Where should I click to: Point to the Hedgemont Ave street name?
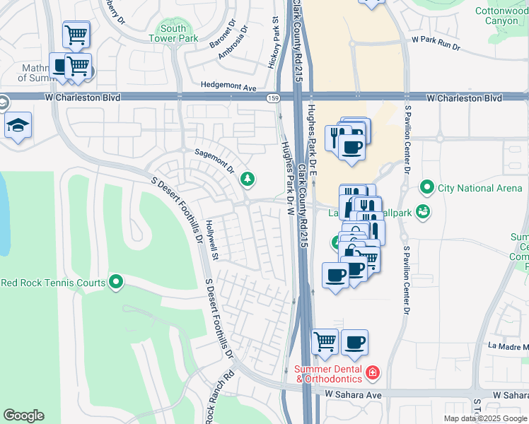228,86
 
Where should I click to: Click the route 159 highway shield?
272,97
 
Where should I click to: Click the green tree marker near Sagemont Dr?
248,178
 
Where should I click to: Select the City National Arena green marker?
426,188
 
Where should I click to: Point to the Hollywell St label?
211,239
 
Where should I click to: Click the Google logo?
23,416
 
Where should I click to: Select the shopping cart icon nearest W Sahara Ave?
325,341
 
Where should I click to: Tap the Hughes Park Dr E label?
312,130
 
